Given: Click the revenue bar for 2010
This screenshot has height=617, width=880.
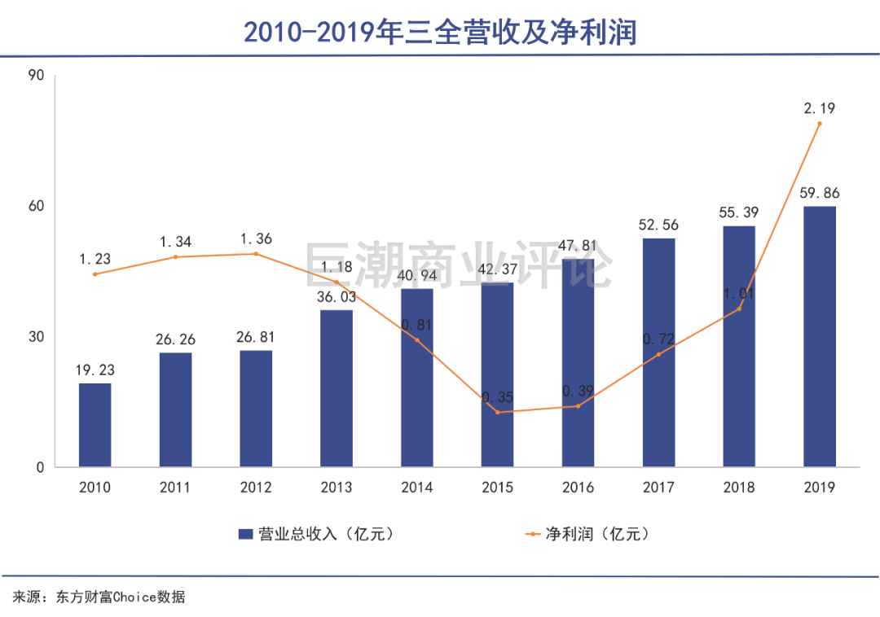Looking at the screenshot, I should pyautogui.click(x=95, y=425).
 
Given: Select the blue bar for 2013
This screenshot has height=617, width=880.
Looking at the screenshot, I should pyautogui.click(x=337, y=388).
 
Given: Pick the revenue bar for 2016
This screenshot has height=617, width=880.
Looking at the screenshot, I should pyautogui.click(x=578, y=363).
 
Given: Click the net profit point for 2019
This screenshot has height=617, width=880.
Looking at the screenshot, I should pyautogui.click(x=820, y=124).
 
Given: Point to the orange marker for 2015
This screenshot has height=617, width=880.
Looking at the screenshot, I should pyautogui.click(x=497, y=412).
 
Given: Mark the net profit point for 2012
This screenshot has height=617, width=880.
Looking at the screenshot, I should pyautogui.click(x=255, y=254).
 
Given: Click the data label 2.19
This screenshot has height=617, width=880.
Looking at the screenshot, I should pyautogui.click(x=820, y=107).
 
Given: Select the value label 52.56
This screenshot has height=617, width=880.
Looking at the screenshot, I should pyautogui.click(x=658, y=225).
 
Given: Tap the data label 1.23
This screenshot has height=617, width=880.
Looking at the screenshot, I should pyautogui.click(x=95, y=259).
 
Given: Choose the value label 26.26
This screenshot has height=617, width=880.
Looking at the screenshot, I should pyautogui.click(x=175, y=339).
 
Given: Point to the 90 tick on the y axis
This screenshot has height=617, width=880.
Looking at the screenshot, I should pyautogui.click(x=37, y=76).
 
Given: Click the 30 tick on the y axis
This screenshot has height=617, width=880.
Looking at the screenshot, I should pyautogui.click(x=37, y=337).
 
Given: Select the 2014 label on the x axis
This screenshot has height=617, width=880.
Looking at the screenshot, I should pyautogui.click(x=417, y=488).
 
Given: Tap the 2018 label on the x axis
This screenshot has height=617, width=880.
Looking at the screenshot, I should pyautogui.click(x=739, y=488).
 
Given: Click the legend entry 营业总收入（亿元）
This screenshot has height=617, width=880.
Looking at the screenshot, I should pyautogui.click(x=317, y=534).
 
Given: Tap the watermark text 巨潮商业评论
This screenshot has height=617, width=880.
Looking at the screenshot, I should pyautogui.click(x=458, y=265).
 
